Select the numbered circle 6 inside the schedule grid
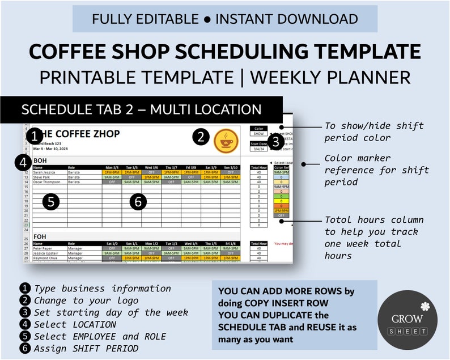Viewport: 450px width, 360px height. pos(139,202)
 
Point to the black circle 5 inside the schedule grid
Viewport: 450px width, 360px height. pos(51,202)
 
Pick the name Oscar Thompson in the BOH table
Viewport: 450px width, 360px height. pos(47,182)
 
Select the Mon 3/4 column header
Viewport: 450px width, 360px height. pos(112,167)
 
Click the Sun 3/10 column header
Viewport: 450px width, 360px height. pos(230,167)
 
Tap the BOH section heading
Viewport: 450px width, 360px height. pos(40,160)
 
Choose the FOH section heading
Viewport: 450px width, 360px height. pos(40,236)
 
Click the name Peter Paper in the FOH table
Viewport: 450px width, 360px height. pos(44,248)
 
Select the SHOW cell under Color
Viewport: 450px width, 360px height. pos(258,134)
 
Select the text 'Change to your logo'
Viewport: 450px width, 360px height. pos(86,300)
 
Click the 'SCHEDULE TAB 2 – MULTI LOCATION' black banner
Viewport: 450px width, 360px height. pos(141,109)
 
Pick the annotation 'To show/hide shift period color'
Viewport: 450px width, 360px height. pos(373,132)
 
